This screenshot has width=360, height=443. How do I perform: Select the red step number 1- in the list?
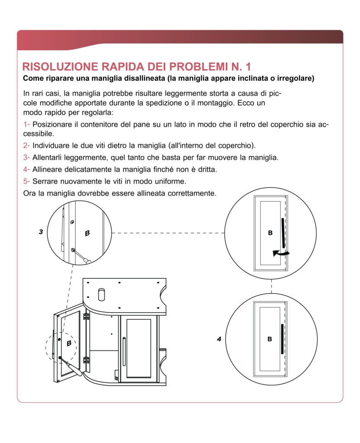(26, 125)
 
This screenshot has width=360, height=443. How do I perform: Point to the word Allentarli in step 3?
(48, 157)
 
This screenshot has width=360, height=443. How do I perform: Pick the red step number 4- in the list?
(26, 169)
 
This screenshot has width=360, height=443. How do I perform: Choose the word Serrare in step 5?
(45, 181)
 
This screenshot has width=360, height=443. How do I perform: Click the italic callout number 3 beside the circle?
(41, 232)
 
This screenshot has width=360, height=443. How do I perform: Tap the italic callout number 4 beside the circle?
(219, 339)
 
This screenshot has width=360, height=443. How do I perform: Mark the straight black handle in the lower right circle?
(282, 339)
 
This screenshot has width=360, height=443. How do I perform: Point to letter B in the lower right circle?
(270, 339)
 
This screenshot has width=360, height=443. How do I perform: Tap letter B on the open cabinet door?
(69, 343)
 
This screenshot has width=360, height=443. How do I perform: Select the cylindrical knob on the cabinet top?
(102, 294)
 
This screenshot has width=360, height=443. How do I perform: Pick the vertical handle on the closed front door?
(124, 350)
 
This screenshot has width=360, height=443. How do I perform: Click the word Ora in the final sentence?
(29, 193)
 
